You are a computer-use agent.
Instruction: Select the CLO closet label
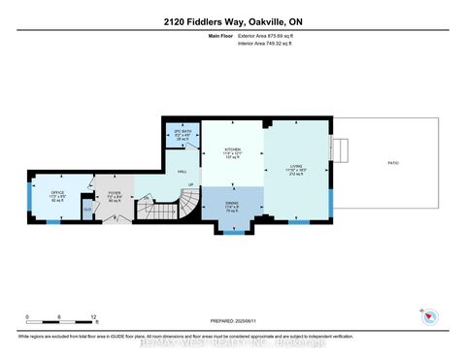click(x=87, y=208)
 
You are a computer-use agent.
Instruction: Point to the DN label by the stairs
click(x=148, y=198)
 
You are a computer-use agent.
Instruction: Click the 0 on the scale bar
click(x=28, y=317)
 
